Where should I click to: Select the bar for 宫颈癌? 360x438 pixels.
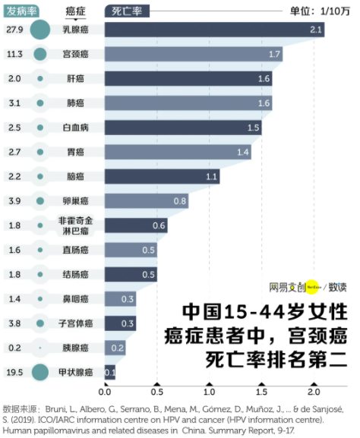[x=193, y=54]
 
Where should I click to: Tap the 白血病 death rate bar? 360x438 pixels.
[x=182, y=127]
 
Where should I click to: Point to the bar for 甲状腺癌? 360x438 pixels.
[x=109, y=372]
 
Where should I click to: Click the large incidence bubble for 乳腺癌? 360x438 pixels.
[x=39, y=30]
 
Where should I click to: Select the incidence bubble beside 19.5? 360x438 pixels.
[x=39, y=372]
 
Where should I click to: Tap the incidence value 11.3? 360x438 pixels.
[x=14, y=54]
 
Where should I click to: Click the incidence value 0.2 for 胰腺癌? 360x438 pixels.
[x=14, y=348]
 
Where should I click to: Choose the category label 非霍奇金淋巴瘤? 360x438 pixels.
[x=75, y=225]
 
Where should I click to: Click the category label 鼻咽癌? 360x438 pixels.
[x=75, y=299]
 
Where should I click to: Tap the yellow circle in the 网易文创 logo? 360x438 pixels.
[x=311, y=288]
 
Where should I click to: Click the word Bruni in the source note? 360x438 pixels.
[x=61, y=408]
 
